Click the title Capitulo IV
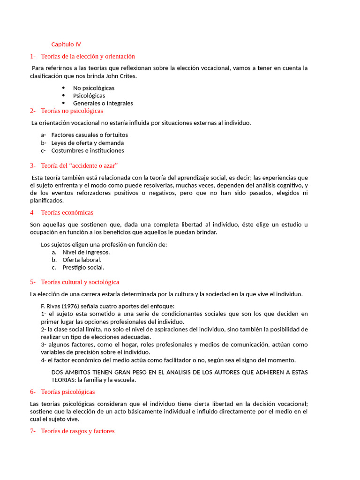click(x=66, y=45)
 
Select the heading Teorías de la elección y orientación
click(x=88, y=56)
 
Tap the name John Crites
click(x=121, y=76)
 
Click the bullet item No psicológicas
click(x=93, y=88)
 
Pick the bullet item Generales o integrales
click(x=103, y=103)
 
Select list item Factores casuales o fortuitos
click(x=90, y=135)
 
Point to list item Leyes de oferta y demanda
click(x=88, y=143)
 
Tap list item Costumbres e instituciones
click(x=88, y=150)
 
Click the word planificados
click(x=46, y=201)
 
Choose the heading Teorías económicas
click(x=67, y=212)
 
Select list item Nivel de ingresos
click(x=86, y=252)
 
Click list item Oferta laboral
click(x=82, y=260)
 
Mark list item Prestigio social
click(x=83, y=267)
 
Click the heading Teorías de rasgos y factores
click(x=77, y=431)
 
